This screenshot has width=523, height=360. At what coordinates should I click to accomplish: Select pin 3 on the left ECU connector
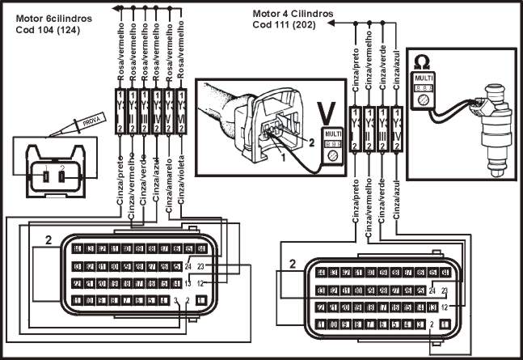pos(176,300)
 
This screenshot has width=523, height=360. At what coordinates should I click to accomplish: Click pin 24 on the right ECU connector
pos(433,290)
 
